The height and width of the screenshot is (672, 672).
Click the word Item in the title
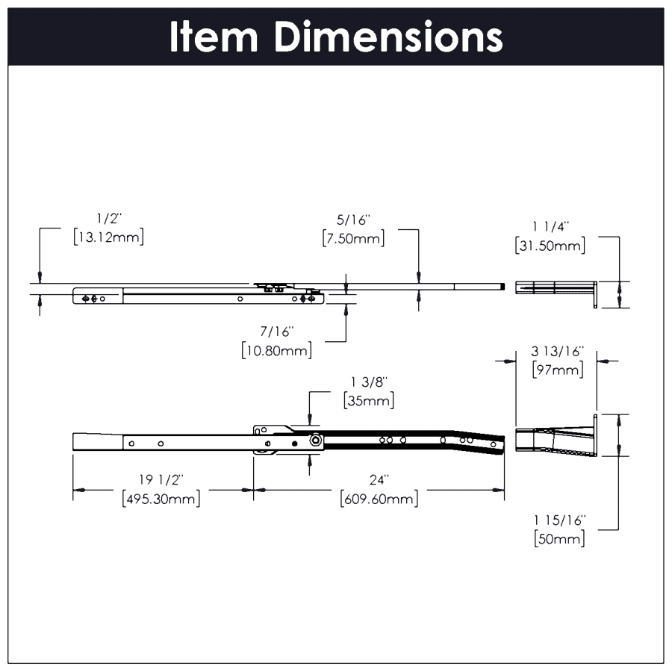[x=214, y=37]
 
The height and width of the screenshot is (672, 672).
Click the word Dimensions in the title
[x=388, y=37]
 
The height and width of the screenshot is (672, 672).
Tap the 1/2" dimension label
[x=109, y=219]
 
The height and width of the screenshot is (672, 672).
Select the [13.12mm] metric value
[x=109, y=237]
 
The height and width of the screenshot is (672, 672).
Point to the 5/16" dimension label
[x=354, y=220]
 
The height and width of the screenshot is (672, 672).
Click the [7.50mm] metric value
[x=354, y=239]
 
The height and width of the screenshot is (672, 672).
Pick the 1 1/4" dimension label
[x=550, y=226]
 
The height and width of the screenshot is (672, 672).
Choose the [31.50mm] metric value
[x=550, y=245]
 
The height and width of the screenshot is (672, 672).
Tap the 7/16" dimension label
[x=277, y=331]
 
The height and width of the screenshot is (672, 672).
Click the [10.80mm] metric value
[x=277, y=349]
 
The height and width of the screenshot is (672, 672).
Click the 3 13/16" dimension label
[x=556, y=350]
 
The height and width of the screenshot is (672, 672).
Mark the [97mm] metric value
[x=556, y=369]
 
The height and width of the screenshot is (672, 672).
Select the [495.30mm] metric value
[x=161, y=498]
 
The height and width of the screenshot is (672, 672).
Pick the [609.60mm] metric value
[x=379, y=498]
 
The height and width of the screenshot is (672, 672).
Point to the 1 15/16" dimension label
[x=560, y=520]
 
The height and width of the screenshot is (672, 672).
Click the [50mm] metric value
[x=560, y=538]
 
